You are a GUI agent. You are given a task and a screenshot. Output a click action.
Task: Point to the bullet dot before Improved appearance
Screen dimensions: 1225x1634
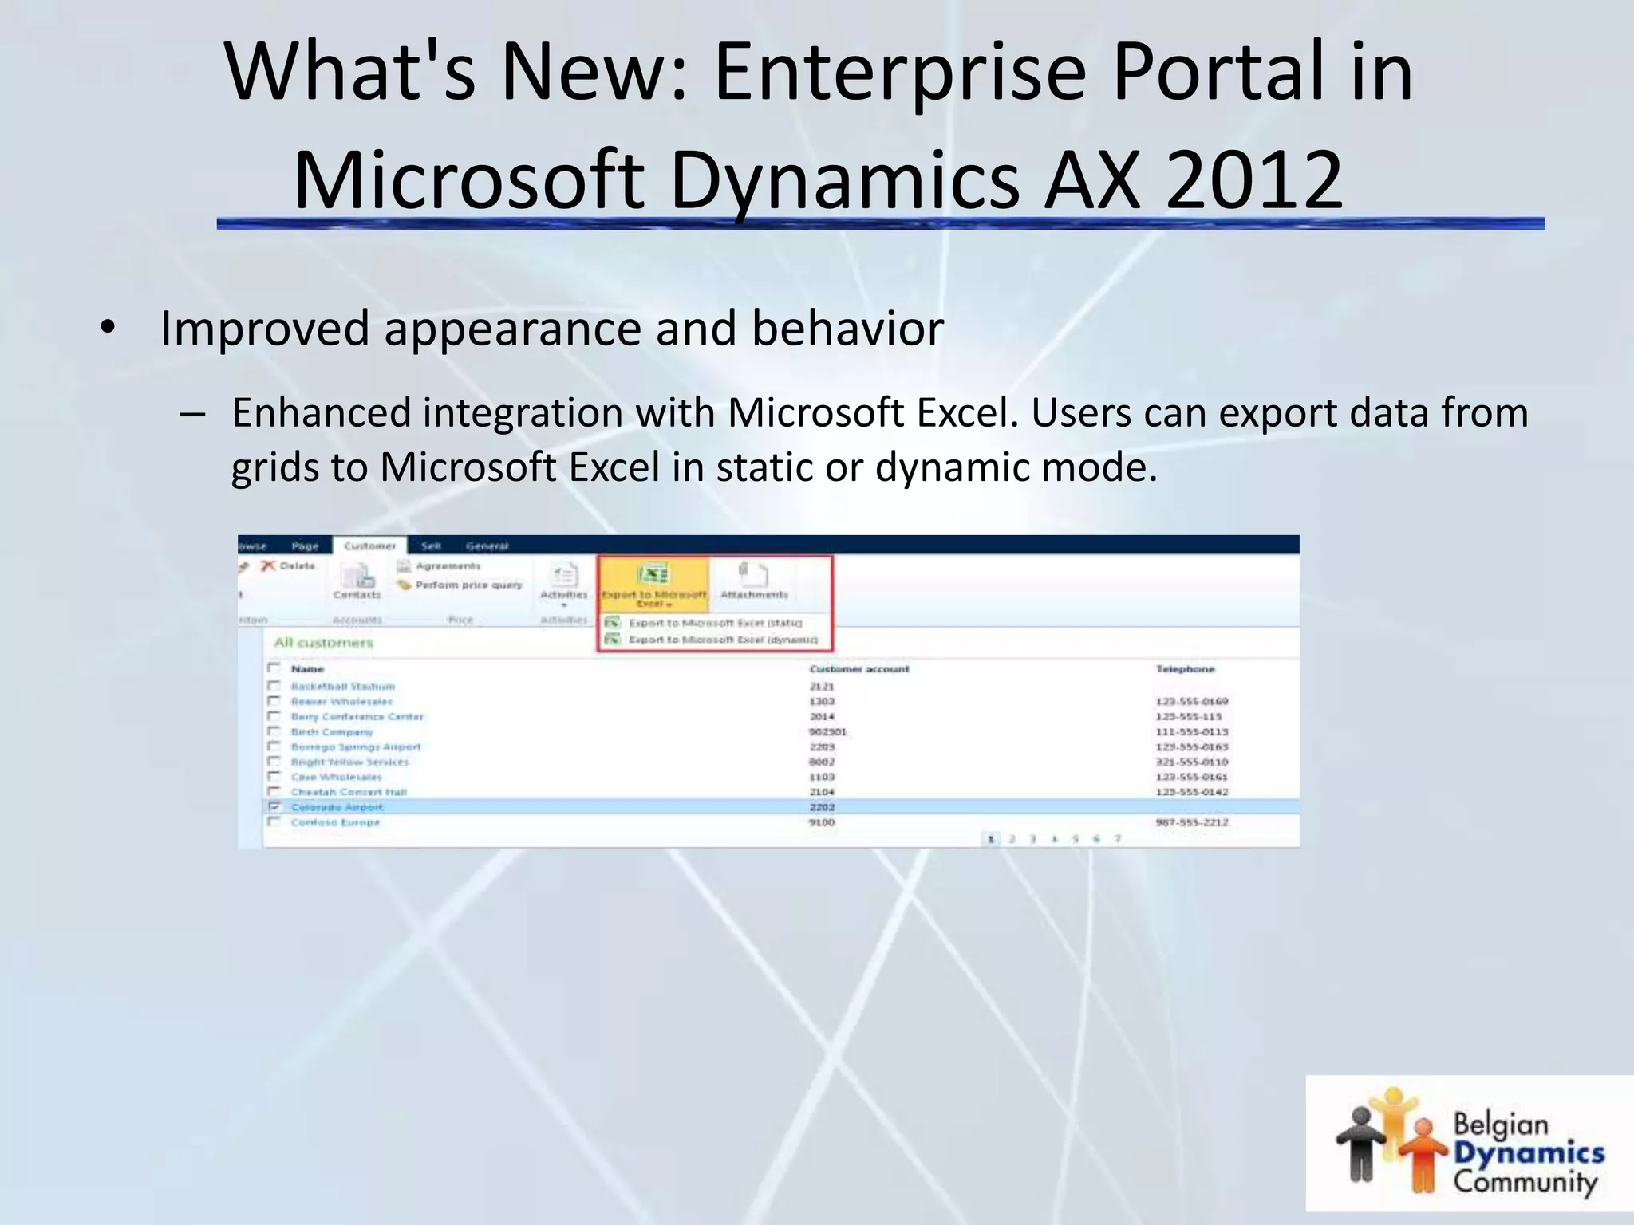point(109,329)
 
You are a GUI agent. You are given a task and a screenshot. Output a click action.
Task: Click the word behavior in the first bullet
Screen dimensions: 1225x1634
point(847,329)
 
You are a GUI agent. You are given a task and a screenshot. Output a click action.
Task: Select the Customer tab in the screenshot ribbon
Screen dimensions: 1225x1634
point(369,546)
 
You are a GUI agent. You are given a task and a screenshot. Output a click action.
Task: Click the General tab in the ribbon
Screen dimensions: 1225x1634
point(487,546)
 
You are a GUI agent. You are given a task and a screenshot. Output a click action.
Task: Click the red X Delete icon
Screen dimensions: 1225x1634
point(269,565)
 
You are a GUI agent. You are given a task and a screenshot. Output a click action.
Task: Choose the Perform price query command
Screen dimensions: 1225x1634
point(468,585)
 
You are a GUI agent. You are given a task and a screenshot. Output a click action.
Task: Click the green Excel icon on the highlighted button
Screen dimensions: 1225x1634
point(653,574)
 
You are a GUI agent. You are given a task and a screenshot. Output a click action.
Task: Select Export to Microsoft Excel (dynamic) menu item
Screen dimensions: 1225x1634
point(722,640)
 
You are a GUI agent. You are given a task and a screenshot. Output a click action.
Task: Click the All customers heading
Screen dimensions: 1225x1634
point(323,643)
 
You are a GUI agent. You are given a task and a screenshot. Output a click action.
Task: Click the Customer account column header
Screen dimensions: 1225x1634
point(858,669)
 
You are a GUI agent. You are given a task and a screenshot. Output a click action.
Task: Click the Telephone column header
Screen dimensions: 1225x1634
point(1185,669)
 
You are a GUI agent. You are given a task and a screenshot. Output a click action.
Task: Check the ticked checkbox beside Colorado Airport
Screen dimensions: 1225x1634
point(274,807)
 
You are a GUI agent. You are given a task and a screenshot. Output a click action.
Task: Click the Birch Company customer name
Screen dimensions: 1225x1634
point(332,732)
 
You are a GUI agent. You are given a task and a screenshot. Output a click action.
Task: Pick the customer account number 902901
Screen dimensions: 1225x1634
point(827,732)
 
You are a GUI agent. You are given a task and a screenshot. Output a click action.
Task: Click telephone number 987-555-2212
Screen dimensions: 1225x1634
point(1192,822)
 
